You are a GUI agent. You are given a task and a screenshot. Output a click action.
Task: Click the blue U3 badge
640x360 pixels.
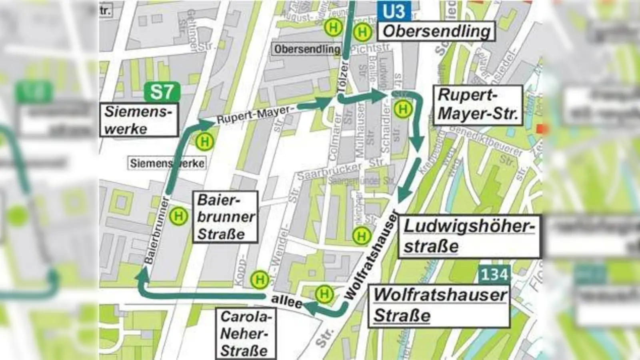pyautogui.click(x=394, y=11)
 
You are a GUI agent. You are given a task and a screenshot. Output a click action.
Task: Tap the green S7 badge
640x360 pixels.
pyautogui.click(x=162, y=92)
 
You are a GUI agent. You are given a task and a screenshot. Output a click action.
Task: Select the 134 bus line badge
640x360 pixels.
pyautogui.click(x=494, y=274)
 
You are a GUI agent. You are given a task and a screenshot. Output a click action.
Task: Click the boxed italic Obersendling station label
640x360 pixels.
pyautogui.click(x=436, y=31)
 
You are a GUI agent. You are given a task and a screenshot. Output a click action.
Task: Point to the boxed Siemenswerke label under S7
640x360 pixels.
pyautogui.click(x=138, y=120)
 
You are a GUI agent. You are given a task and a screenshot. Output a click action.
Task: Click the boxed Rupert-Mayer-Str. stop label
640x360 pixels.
pyautogui.click(x=478, y=105)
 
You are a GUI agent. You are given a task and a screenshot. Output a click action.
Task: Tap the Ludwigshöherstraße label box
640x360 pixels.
pyautogui.click(x=469, y=236)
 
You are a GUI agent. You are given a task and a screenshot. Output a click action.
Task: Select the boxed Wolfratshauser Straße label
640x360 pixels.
pyautogui.click(x=439, y=306)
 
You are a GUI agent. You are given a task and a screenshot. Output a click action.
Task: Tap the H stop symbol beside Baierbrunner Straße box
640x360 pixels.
pyautogui.click(x=178, y=216)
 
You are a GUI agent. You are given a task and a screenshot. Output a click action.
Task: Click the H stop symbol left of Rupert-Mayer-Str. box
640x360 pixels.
pyautogui.click(x=403, y=109)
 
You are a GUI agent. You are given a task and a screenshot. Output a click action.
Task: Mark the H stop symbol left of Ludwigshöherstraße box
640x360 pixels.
pyautogui.click(x=361, y=236)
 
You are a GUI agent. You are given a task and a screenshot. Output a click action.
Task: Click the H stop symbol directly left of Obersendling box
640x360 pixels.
pyautogui.click(x=362, y=32)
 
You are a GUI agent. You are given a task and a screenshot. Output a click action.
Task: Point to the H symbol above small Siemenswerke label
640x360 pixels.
pyautogui.click(x=205, y=141)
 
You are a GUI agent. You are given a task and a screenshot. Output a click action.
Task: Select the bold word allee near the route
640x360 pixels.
pyautogui.click(x=286, y=300)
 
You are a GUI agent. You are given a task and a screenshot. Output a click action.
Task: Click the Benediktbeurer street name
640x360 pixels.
pyautogui.click(x=486, y=141)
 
